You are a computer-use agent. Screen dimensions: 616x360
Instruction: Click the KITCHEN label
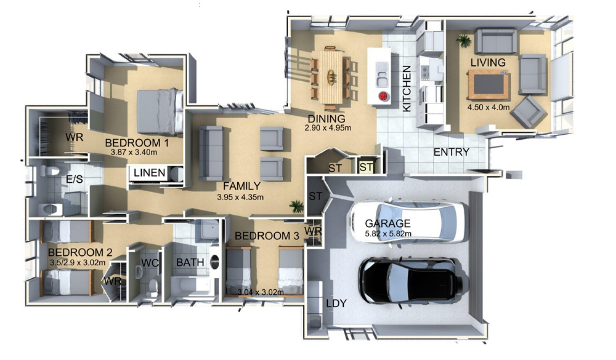pyautogui.click(x=407, y=89)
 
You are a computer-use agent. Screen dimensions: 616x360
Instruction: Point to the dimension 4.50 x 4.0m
pyautogui.click(x=488, y=107)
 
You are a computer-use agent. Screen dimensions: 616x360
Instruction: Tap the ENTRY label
pyautogui.click(x=451, y=152)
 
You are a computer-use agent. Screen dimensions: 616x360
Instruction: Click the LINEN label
pyautogui.click(x=149, y=172)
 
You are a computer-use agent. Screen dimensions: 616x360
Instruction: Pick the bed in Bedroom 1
pyautogui.click(x=160, y=112)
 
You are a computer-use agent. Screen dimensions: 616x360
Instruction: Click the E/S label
pyautogui.click(x=74, y=179)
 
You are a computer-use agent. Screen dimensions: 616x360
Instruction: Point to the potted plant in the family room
pyautogui.click(x=297, y=206)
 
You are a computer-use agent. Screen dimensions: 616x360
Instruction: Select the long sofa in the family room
pyautogui.click(x=211, y=153)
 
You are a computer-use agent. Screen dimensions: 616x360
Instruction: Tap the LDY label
pyautogui.click(x=336, y=303)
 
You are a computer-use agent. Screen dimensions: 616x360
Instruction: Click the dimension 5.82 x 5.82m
pyautogui.click(x=388, y=234)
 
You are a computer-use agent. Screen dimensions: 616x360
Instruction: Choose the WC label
pyautogui.click(x=150, y=263)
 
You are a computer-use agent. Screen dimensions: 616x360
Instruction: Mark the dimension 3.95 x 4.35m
pyautogui.click(x=240, y=197)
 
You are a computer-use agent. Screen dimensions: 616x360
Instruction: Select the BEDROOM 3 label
pyautogui.click(x=267, y=236)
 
